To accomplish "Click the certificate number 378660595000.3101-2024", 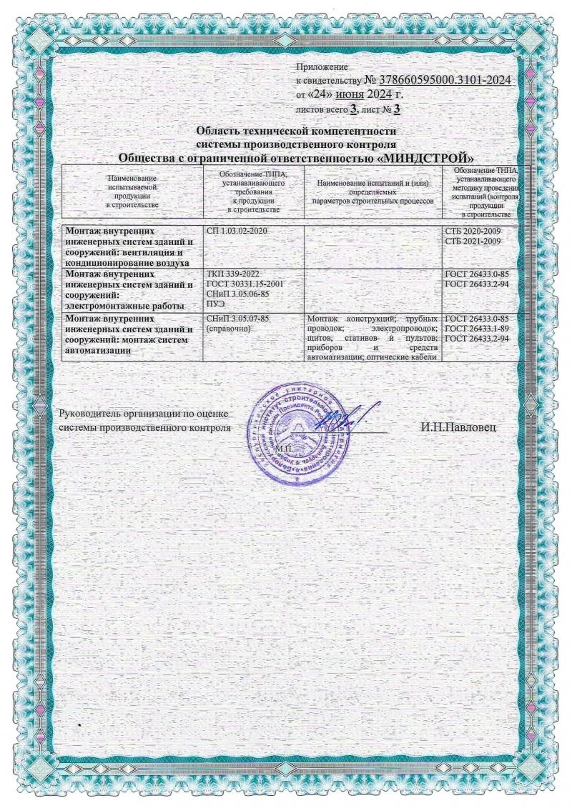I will click(443, 80).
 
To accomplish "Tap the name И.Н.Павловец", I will click(458, 427).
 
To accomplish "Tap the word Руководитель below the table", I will click(91, 413).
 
